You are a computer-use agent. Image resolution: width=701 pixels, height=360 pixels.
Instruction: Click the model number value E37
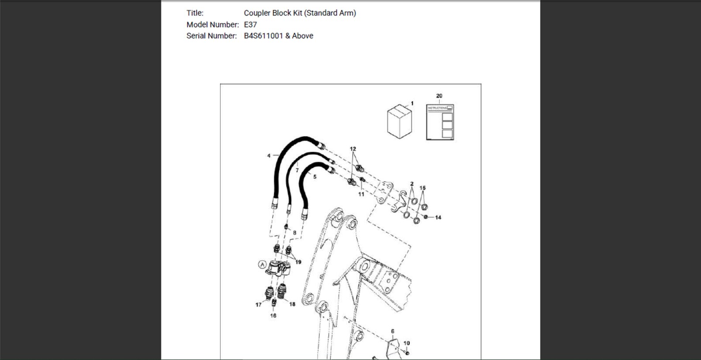pos(250,24)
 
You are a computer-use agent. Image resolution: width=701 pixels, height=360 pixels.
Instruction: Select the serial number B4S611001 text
pos(264,36)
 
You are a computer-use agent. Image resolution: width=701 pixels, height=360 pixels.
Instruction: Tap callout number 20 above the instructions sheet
pos(439,96)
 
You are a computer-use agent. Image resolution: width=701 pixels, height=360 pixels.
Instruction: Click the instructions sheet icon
pos(440,122)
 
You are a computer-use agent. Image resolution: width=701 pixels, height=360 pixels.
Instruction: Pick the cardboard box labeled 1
pos(399,121)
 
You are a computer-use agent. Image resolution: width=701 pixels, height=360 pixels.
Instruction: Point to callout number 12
pos(353,149)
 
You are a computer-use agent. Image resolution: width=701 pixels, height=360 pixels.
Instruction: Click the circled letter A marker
pos(262,265)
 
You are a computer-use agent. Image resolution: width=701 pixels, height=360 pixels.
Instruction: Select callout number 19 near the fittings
pos(298,262)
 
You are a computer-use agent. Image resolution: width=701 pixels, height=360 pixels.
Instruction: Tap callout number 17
pos(259,305)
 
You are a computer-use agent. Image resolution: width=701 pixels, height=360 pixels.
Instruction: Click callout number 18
pos(292,304)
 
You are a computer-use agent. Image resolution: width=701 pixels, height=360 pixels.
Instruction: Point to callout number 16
pos(273,315)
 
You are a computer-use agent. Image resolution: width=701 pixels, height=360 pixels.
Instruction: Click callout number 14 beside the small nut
pos(438,218)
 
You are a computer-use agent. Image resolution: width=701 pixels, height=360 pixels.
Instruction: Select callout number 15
pos(422,188)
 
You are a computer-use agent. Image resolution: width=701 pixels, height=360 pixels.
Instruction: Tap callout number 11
pos(361,194)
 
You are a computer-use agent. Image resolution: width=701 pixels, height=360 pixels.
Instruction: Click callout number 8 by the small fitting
pos(294,233)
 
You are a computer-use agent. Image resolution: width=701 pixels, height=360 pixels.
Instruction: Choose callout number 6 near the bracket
pos(392,332)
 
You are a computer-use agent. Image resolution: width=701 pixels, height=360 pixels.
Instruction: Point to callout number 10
pos(407,343)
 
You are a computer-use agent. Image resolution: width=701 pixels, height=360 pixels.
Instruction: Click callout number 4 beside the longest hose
pos(269,155)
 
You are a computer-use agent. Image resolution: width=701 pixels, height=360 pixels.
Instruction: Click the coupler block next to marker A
pos(278,268)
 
